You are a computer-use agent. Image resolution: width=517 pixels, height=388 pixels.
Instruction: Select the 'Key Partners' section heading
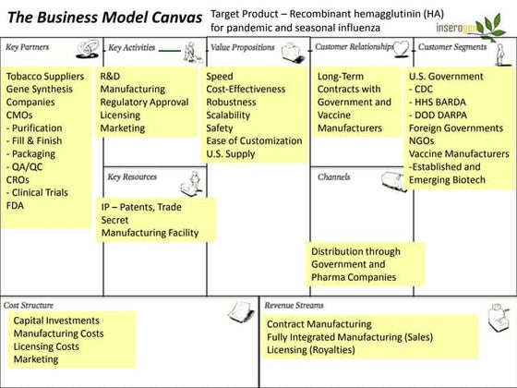click(28, 46)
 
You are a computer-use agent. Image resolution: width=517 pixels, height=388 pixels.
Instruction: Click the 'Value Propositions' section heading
click(243, 46)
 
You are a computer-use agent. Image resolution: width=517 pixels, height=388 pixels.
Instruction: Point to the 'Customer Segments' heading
click(452, 46)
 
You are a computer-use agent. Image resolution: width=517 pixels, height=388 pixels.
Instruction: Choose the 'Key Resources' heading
click(132, 176)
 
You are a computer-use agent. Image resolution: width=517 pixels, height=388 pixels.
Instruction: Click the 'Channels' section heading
click(333, 176)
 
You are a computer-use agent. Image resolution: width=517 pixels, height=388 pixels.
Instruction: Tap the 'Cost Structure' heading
click(29, 305)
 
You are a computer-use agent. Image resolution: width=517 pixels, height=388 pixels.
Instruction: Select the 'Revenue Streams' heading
click(295, 305)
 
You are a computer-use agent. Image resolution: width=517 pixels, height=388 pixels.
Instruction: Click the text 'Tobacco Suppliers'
click(45, 77)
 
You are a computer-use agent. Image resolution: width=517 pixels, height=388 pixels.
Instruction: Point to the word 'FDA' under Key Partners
click(16, 206)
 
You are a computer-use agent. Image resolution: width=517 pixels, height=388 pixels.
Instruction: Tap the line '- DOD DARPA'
click(442, 115)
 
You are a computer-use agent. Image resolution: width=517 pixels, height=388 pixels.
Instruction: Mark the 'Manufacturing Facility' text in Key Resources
click(150, 233)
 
